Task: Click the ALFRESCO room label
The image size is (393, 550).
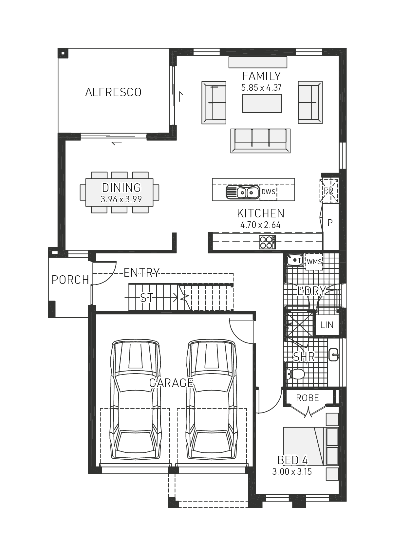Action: click(x=113, y=92)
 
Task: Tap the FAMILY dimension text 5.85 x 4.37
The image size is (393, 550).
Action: click(x=261, y=88)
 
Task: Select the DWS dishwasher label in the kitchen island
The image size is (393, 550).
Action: click(x=268, y=192)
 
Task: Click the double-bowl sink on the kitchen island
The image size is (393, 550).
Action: click(x=243, y=192)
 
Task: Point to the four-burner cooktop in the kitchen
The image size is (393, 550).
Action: click(x=267, y=242)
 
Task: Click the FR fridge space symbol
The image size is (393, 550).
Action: click(x=328, y=191)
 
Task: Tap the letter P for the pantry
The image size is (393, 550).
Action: click(x=330, y=223)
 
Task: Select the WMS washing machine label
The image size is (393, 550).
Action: click(x=314, y=262)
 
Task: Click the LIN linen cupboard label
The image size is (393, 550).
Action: click(x=327, y=325)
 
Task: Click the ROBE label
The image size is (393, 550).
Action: click(x=307, y=398)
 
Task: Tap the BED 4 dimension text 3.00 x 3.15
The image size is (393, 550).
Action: click(x=292, y=472)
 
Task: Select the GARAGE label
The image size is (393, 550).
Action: click(x=171, y=382)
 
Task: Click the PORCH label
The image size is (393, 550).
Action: click(x=70, y=280)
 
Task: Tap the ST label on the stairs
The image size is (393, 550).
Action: click(x=146, y=298)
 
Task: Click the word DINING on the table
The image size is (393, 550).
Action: click(x=121, y=188)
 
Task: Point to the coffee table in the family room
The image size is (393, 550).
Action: click(x=262, y=103)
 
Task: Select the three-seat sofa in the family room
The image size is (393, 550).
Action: click(x=260, y=141)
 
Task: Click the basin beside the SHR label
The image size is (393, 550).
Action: click(x=333, y=355)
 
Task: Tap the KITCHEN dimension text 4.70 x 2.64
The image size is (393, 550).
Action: click(x=260, y=225)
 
